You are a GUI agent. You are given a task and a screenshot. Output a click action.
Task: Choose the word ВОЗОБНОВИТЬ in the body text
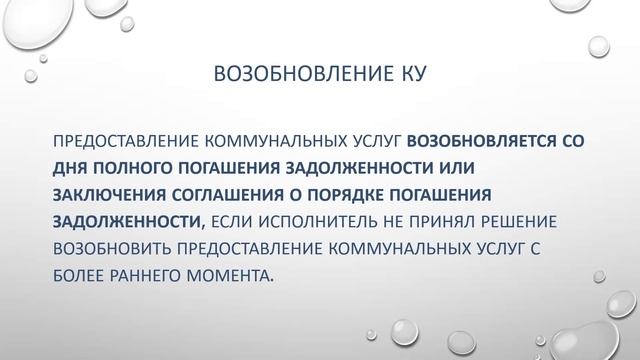click(x=115, y=246)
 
